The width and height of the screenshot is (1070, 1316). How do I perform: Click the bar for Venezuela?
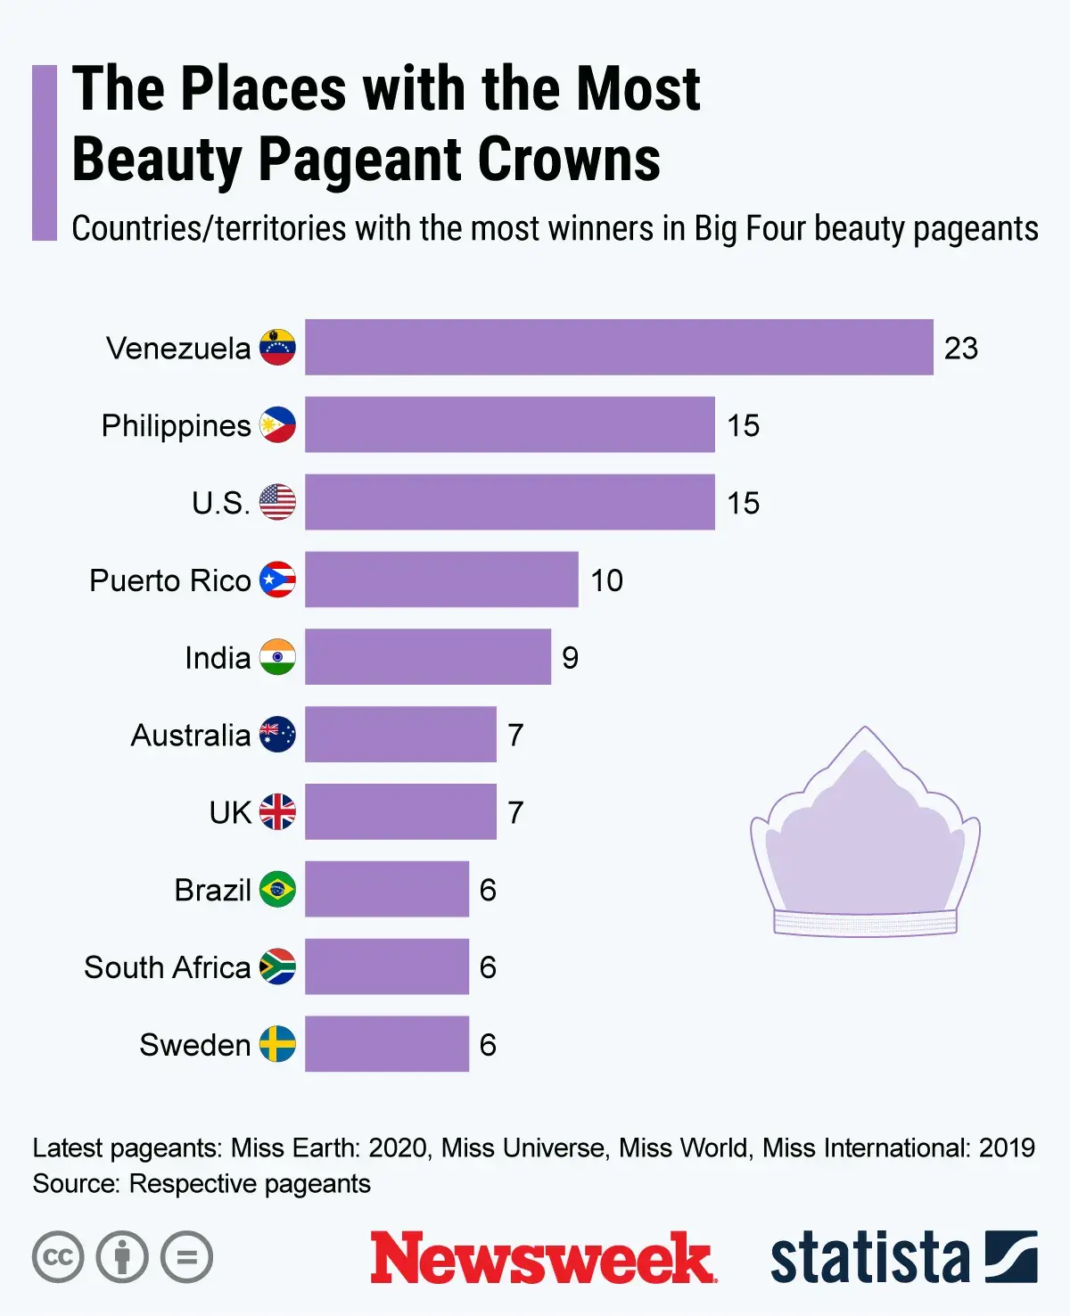tap(619, 347)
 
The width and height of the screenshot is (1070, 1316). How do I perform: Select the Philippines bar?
tap(509, 424)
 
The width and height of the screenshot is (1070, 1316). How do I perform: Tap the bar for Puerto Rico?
tap(441, 580)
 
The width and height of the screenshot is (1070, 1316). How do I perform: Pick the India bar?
tap(427, 657)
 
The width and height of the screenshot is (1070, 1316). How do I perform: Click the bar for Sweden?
tap(386, 1043)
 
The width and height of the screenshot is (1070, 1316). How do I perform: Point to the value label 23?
tap(960, 348)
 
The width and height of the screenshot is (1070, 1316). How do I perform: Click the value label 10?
tap(606, 580)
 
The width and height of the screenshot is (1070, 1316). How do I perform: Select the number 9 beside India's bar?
tap(570, 658)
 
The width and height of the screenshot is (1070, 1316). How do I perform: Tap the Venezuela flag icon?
tap(277, 347)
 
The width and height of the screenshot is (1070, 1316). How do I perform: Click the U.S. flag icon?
tap(277, 502)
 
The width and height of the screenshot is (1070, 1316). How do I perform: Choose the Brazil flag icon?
tap(277, 889)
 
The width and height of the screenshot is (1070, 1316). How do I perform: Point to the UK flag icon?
tap(277, 811)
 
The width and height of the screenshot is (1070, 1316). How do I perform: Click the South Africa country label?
tap(167, 967)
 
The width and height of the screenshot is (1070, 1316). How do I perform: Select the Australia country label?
tap(190, 736)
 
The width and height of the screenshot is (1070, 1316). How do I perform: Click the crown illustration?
tap(865, 838)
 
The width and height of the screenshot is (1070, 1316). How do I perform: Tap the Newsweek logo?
tap(542, 1257)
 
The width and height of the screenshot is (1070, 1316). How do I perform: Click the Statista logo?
tap(902, 1257)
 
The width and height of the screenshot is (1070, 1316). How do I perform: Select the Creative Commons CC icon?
tap(58, 1257)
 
